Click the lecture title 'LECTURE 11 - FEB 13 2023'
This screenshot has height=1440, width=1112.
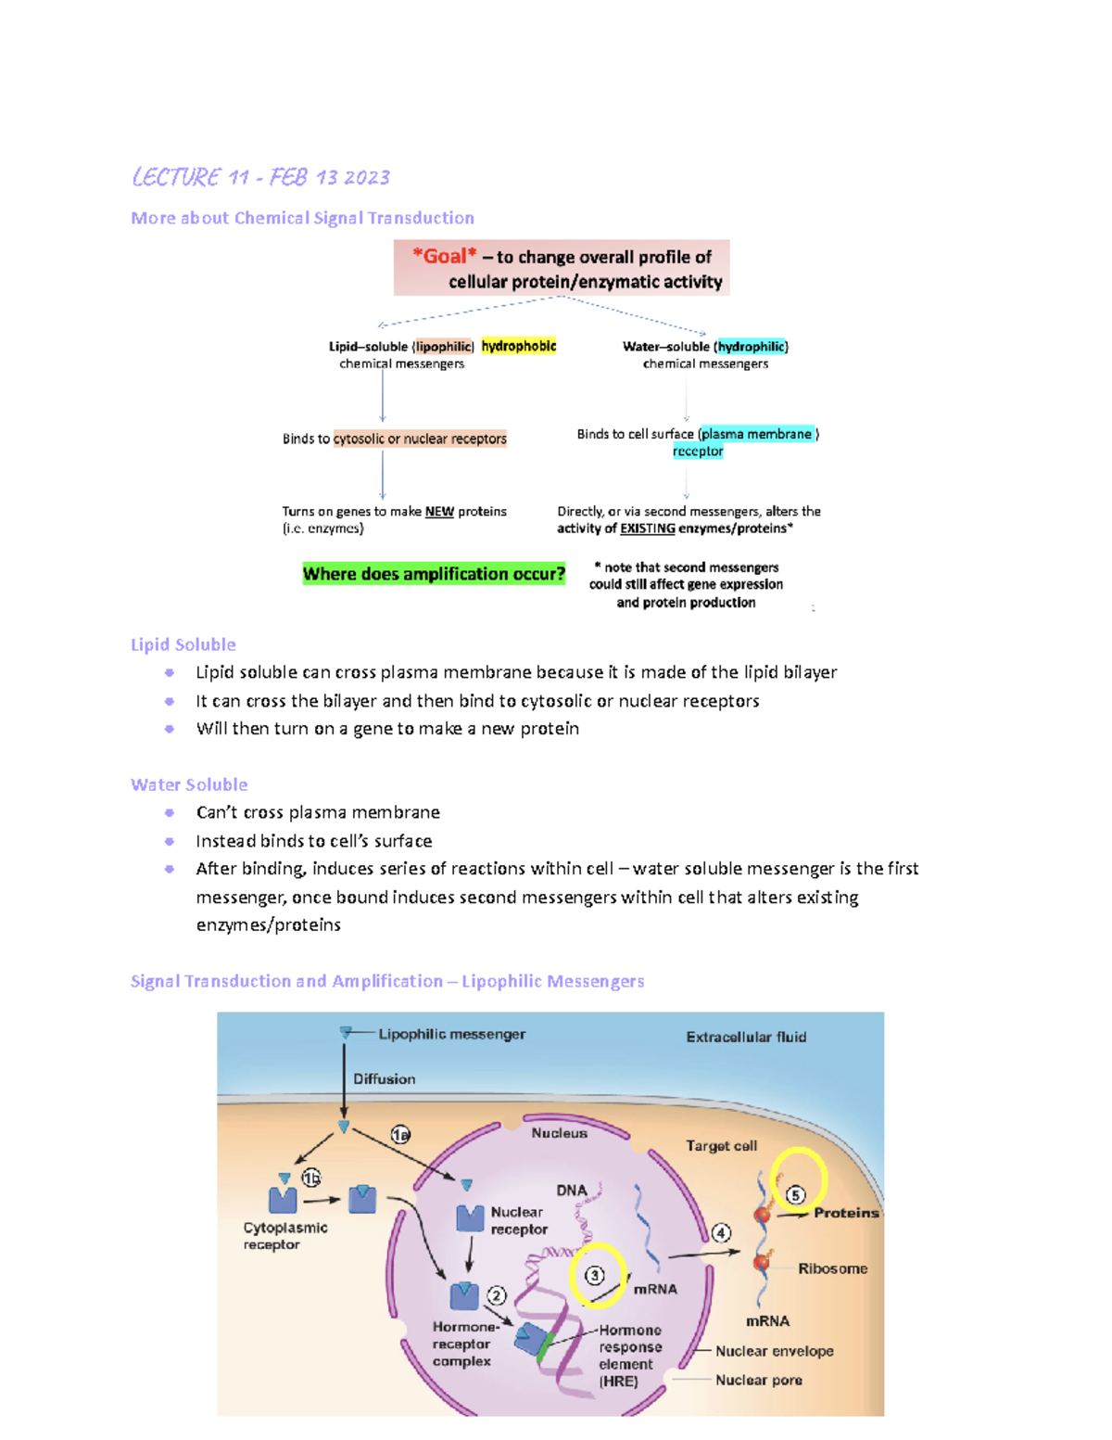click(260, 177)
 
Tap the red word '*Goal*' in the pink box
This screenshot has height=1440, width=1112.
click(445, 256)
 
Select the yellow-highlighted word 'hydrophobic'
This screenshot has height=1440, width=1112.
click(518, 346)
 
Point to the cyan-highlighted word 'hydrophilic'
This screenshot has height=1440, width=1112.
click(751, 346)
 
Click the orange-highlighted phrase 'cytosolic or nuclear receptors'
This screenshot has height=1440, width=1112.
click(420, 439)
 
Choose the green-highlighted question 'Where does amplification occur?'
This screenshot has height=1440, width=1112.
click(434, 574)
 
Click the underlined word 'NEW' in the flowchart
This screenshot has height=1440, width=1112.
click(439, 511)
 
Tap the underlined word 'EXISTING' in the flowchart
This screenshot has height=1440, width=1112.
click(647, 529)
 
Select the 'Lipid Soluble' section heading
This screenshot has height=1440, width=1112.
click(183, 644)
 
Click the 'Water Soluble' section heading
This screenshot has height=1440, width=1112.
click(189, 784)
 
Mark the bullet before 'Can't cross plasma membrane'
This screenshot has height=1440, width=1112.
click(170, 812)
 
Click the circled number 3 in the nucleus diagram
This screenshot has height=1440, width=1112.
click(595, 1275)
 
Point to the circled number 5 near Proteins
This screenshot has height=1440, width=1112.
click(795, 1194)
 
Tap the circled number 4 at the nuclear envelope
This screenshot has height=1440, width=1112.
click(721, 1232)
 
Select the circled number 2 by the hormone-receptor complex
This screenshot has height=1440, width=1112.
click(497, 1295)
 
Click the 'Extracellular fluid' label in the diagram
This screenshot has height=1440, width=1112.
click(746, 1037)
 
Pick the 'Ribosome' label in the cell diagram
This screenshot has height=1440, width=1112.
click(832, 1268)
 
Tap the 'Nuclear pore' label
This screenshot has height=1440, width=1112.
click(758, 1380)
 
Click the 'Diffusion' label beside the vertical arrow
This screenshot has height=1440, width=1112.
click(384, 1078)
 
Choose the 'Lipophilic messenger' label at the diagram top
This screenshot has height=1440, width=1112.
click(451, 1034)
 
